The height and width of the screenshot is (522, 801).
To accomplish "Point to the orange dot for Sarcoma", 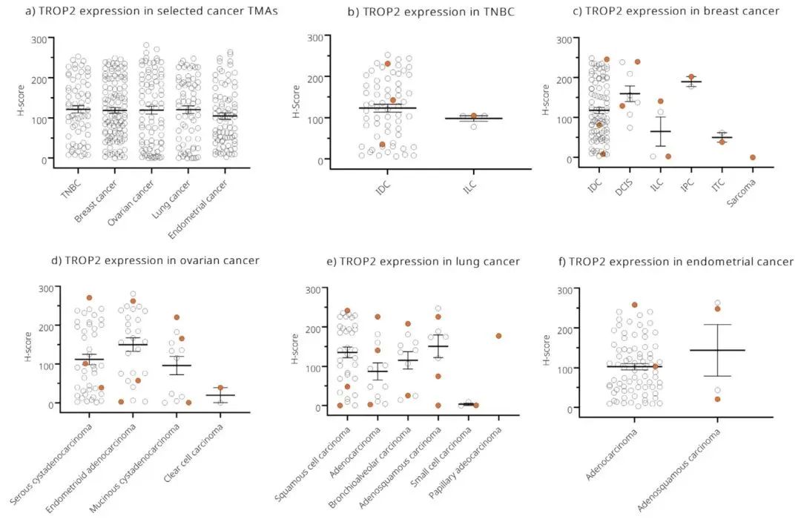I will pyautogui.click(x=752, y=157).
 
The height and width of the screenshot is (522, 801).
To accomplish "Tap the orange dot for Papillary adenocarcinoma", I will pyautogui.click(x=498, y=336).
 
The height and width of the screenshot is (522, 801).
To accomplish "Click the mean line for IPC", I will pyautogui.click(x=691, y=82).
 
